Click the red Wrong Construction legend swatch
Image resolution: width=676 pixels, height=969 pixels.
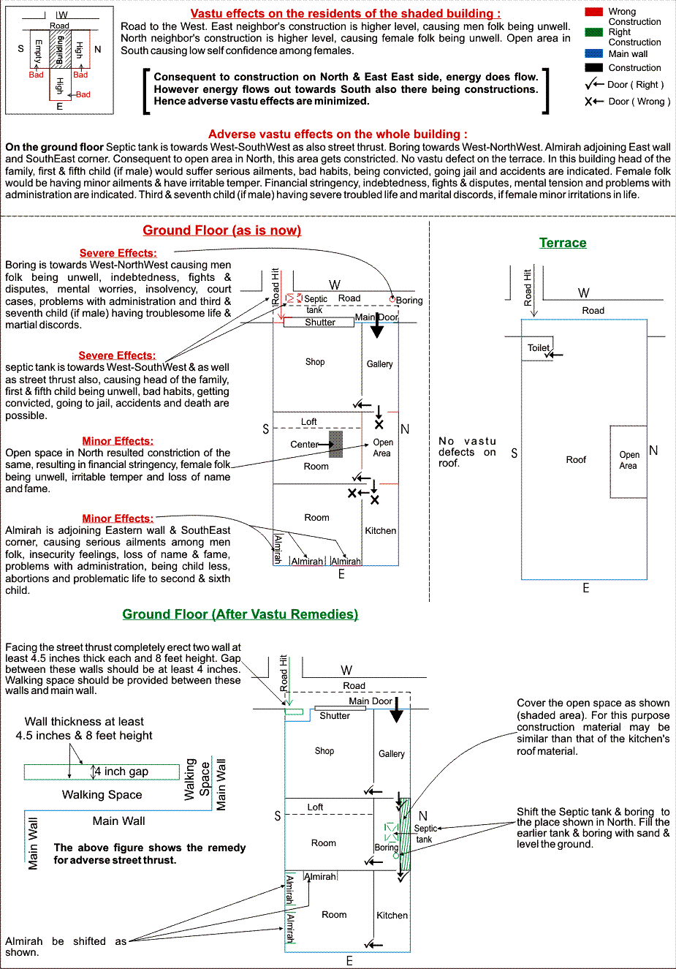(x=594, y=12)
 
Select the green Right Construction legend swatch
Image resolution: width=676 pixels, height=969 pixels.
(x=594, y=32)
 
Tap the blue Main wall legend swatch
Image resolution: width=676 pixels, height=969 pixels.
(x=594, y=53)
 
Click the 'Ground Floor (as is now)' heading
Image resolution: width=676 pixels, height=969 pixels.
(x=221, y=230)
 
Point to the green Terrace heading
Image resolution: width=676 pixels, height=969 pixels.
(x=563, y=243)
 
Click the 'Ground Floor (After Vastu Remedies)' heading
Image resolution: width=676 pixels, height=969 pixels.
(x=240, y=614)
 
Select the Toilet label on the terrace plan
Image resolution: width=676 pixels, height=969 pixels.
(x=539, y=348)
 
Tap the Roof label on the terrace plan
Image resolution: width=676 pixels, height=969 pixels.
(x=576, y=460)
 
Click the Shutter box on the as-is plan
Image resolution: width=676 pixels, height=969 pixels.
(x=319, y=323)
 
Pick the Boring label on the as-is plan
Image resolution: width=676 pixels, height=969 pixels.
(x=409, y=301)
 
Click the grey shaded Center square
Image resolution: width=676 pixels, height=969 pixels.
(x=335, y=444)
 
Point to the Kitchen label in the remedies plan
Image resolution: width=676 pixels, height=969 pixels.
(x=392, y=916)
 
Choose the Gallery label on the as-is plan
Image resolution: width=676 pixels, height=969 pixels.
(x=379, y=364)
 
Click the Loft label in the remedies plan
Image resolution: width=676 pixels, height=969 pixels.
(x=315, y=807)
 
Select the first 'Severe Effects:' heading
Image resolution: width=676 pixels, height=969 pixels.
(x=118, y=253)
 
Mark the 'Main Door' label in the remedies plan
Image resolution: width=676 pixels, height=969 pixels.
(x=370, y=701)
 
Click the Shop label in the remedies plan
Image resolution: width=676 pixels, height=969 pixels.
(x=324, y=751)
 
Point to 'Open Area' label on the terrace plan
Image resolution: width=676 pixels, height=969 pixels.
(x=628, y=460)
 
